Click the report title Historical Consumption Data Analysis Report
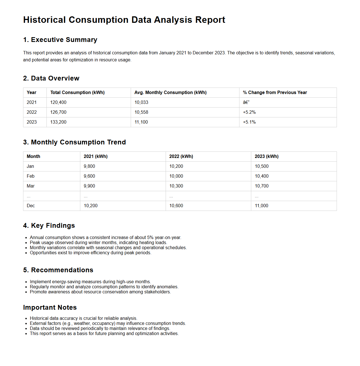point(124,20)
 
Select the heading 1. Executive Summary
point(60,40)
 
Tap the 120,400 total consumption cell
point(58,102)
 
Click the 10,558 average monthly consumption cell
point(141,112)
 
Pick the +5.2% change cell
point(249,112)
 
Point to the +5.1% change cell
point(249,122)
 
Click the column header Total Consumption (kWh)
point(77,93)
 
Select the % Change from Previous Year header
point(275,93)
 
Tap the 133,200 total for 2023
point(58,122)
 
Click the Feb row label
point(30,176)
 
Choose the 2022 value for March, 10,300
point(176,186)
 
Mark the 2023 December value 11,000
point(261,206)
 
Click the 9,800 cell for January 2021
point(89,166)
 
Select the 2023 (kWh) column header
point(266,157)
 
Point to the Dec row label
point(31,206)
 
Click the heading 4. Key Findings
point(49,226)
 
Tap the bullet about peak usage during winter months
point(98,243)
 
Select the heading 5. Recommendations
point(58,270)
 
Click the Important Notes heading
point(50,307)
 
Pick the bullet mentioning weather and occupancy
point(108,323)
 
